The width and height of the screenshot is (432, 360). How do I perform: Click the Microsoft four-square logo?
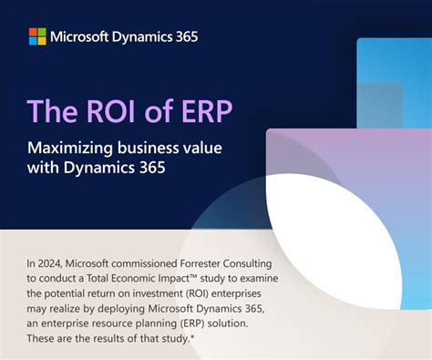pos(37,36)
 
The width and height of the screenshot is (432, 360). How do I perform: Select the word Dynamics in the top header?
pos(140,37)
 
